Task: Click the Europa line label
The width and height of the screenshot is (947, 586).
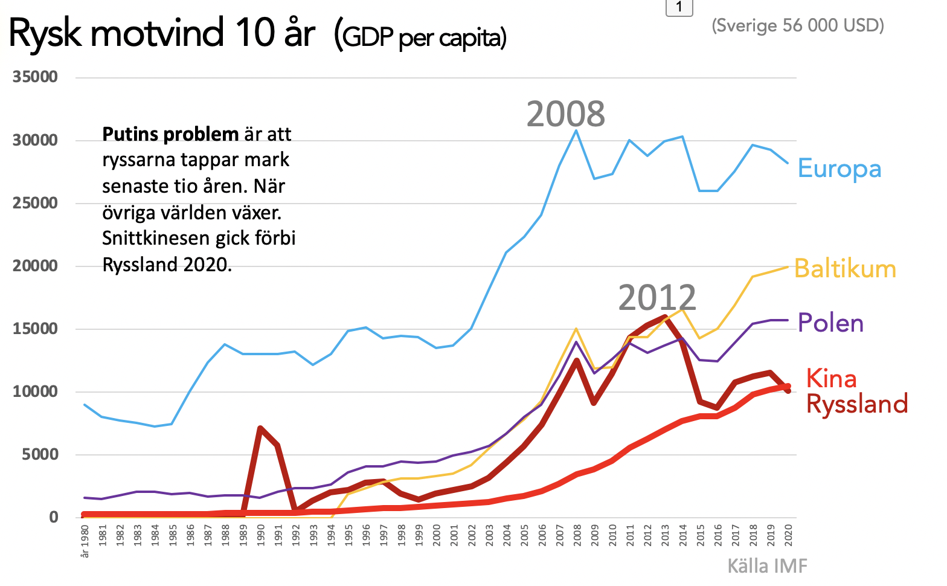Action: tap(839, 169)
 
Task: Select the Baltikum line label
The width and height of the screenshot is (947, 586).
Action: tap(844, 269)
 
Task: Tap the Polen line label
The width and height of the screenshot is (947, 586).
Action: tap(830, 323)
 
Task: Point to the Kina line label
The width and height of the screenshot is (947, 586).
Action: tap(831, 379)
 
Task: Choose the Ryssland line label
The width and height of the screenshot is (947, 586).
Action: tap(857, 404)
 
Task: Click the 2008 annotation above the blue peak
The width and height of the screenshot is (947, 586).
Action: tap(565, 114)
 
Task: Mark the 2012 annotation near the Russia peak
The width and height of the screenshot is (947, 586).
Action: tap(657, 297)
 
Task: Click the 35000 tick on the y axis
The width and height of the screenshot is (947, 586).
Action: tap(36, 77)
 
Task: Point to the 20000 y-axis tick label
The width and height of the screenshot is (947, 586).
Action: tap(36, 266)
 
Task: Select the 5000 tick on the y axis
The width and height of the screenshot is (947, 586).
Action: tap(40, 454)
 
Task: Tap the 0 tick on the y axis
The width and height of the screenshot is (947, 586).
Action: tap(54, 517)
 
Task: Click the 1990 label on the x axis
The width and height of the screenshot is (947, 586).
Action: tap(261, 535)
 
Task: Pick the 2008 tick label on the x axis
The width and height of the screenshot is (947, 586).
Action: tap(577, 535)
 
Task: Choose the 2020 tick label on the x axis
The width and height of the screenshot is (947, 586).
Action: tap(788, 535)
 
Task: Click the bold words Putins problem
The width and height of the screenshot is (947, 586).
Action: tap(170, 134)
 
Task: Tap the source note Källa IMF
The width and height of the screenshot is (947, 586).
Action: tap(767, 566)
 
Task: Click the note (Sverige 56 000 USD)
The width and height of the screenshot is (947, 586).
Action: tap(798, 25)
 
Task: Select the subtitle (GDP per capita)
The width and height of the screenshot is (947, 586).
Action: tap(420, 37)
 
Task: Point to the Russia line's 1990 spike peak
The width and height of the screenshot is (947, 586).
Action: tap(260, 428)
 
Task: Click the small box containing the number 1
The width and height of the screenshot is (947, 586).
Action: tap(679, 7)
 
